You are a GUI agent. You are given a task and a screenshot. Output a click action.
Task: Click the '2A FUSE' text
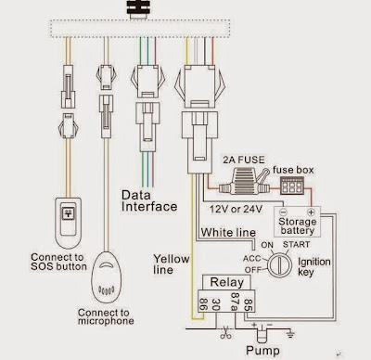click(238, 161)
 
